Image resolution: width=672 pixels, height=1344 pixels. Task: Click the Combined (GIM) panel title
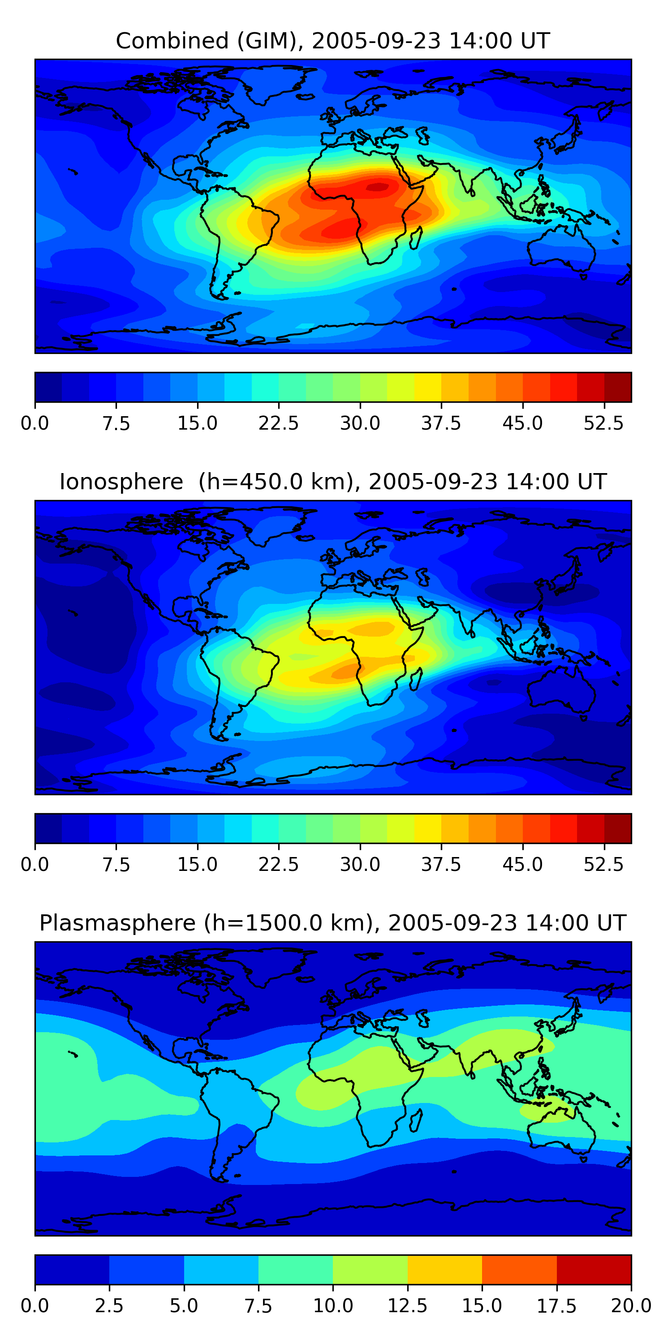(x=333, y=41)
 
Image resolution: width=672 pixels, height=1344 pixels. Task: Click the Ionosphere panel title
(x=333, y=482)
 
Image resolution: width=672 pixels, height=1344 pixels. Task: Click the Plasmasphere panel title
(x=333, y=922)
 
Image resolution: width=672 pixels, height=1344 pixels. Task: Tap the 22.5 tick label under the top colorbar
(x=279, y=423)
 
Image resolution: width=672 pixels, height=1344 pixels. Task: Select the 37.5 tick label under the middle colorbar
(x=441, y=864)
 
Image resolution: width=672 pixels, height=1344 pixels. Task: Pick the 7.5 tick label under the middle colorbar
(x=116, y=864)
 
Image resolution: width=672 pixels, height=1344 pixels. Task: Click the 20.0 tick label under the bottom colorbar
(x=631, y=1305)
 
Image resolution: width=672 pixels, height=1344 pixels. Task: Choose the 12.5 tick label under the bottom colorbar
(x=408, y=1305)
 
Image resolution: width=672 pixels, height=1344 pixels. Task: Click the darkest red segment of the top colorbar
(x=618, y=387)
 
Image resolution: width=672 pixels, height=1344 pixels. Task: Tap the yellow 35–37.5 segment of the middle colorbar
(x=428, y=828)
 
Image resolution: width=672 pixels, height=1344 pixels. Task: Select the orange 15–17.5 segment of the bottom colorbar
(x=519, y=1269)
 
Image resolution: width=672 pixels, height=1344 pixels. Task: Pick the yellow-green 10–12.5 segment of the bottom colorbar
(x=370, y=1269)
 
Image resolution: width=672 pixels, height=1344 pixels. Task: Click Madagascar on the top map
(x=416, y=238)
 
